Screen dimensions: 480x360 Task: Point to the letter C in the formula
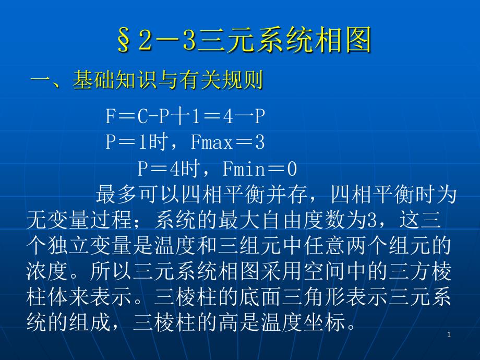coord(143,117)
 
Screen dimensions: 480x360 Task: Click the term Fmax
coord(211,142)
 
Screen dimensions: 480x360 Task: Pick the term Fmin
coord(244,169)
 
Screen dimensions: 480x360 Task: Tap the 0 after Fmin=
coord(292,169)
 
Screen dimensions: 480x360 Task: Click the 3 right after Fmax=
coord(260,142)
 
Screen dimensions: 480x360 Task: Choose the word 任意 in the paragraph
coord(326,246)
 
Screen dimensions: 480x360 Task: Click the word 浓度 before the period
coord(47,271)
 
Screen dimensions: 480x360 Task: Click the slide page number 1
coord(449,334)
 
